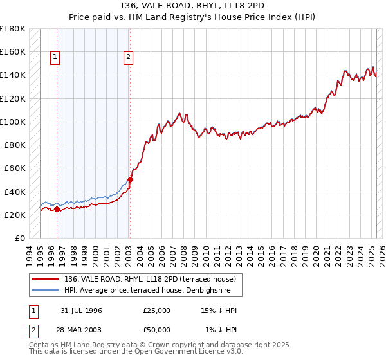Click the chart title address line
pyautogui.click(x=192, y=4)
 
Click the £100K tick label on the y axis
pyautogui.click(x=13, y=122)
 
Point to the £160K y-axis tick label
pyautogui.click(x=13, y=51)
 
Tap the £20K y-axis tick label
pyautogui.click(x=14, y=215)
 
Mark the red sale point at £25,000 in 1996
pyautogui.click(x=57, y=209)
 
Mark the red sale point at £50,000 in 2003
pyautogui.click(x=130, y=179)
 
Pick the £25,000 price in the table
pyautogui.click(x=156, y=310)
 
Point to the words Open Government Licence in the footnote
pyautogui.click(x=190, y=353)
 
